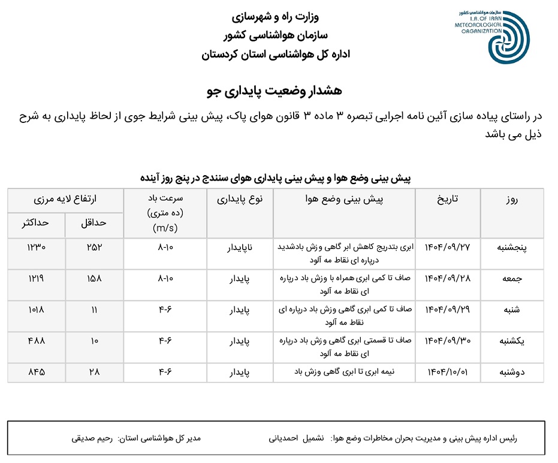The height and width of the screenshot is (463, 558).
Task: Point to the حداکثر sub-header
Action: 35,223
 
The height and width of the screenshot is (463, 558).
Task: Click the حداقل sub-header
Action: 93,223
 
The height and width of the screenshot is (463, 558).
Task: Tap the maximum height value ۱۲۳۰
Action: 36,247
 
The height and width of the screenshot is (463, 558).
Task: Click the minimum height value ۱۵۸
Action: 95,278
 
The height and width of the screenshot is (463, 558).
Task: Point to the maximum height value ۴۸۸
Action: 36,341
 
